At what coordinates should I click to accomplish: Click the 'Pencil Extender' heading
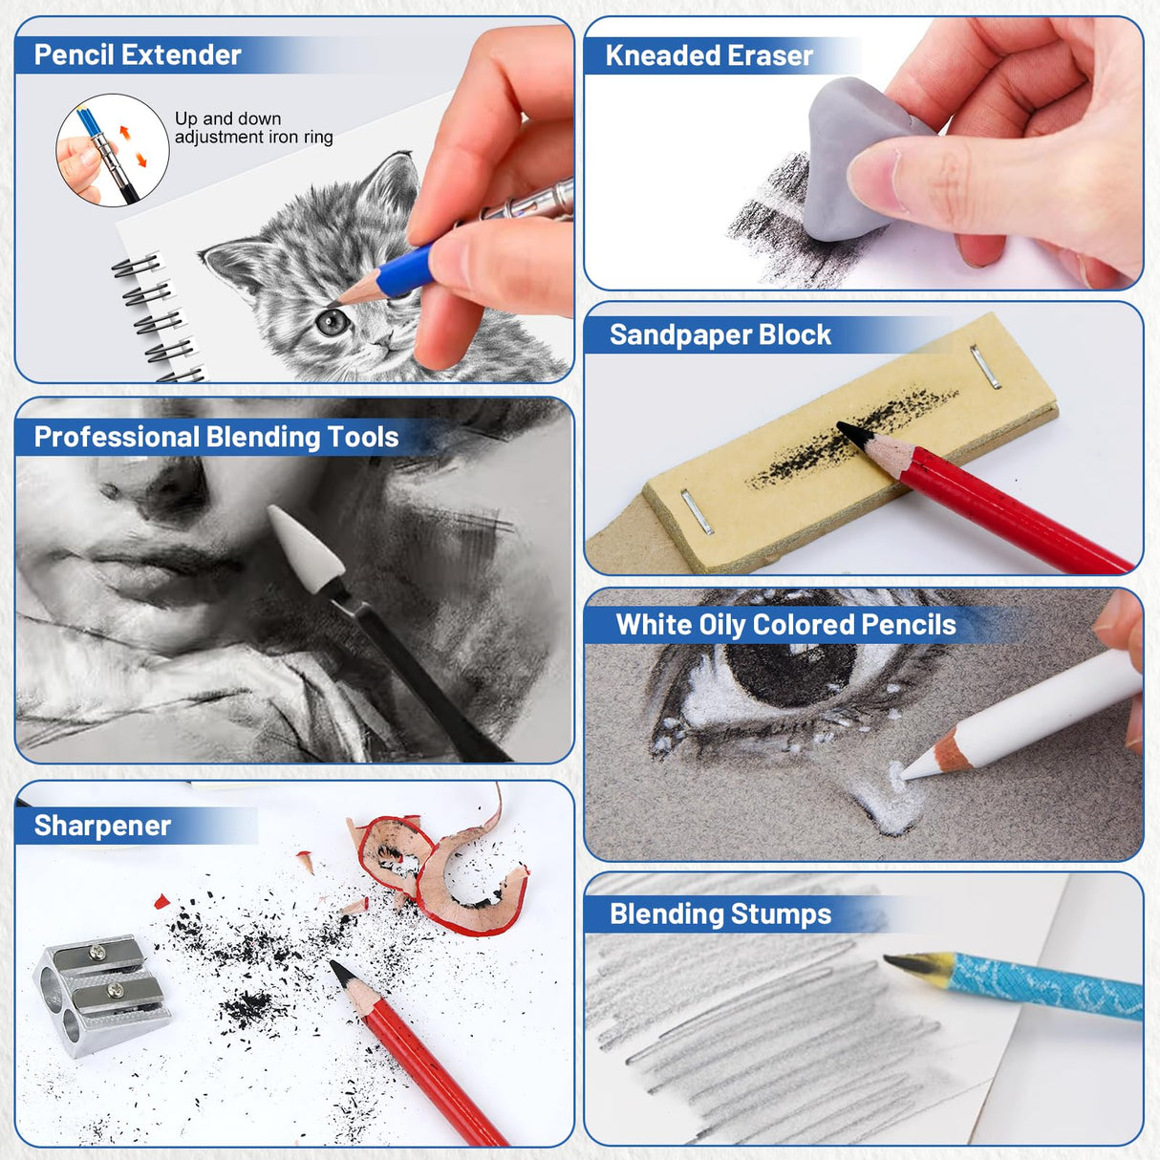[138, 54]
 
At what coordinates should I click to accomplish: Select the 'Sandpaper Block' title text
[720, 334]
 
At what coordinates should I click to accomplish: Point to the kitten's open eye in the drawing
[332, 322]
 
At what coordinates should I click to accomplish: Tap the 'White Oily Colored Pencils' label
[785, 625]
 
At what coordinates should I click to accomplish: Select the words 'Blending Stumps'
[720, 914]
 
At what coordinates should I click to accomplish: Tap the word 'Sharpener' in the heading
[102, 826]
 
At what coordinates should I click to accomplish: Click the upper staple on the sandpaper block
[985, 366]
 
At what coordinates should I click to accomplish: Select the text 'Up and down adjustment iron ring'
[253, 128]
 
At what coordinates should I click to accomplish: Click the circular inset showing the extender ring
[112, 150]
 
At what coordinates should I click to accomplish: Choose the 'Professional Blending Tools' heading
[216, 438]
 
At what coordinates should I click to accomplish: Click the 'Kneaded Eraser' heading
[708, 55]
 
